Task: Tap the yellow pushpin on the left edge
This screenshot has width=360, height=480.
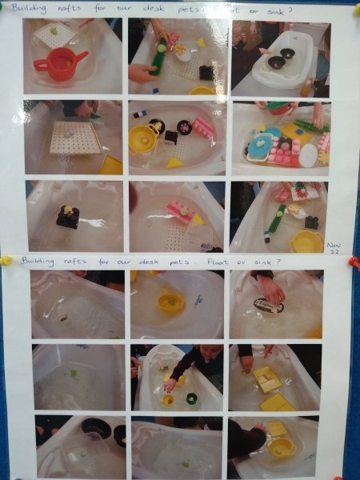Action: tap(6, 260)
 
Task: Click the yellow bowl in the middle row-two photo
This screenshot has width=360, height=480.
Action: tap(144, 138)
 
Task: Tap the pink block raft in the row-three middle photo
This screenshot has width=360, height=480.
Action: tap(179, 211)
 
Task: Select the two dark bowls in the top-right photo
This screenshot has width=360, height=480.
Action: tap(282, 58)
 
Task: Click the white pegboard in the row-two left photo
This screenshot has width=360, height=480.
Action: tap(75, 138)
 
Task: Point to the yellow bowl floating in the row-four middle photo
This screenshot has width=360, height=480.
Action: tap(170, 302)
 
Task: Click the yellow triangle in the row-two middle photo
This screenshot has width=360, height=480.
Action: tap(174, 162)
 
